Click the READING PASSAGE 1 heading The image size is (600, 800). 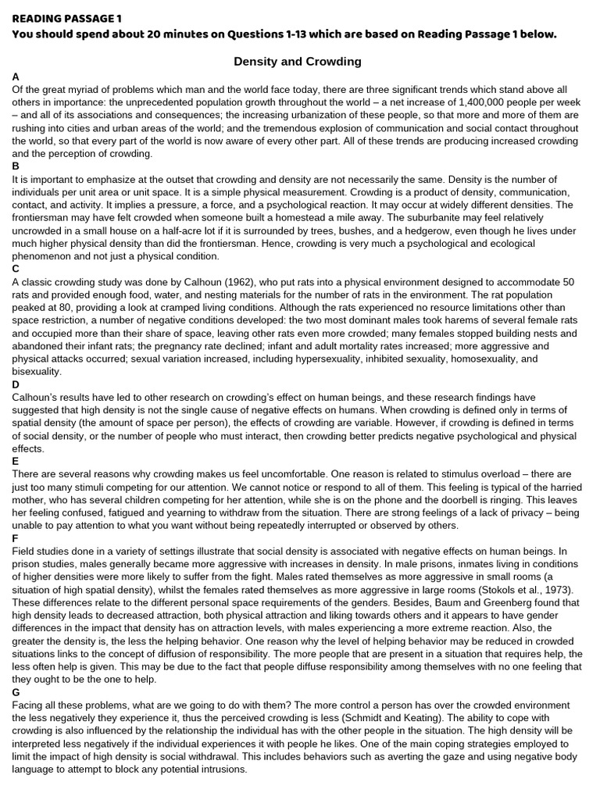(x=66, y=18)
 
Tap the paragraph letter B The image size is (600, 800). (x=16, y=166)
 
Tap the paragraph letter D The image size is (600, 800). (x=16, y=384)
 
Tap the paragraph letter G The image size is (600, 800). (x=16, y=692)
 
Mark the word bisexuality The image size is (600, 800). (x=36, y=371)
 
